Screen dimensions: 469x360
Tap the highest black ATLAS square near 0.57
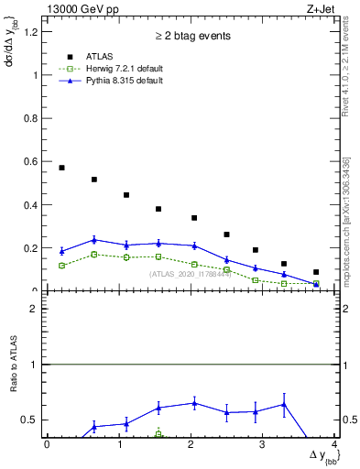click(x=61, y=168)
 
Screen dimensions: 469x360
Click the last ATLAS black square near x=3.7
click(x=316, y=272)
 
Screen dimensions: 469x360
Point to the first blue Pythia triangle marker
click(x=61, y=251)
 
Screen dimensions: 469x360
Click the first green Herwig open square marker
click(x=61, y=266)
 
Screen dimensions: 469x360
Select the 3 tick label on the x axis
click(x=263, y=445)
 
